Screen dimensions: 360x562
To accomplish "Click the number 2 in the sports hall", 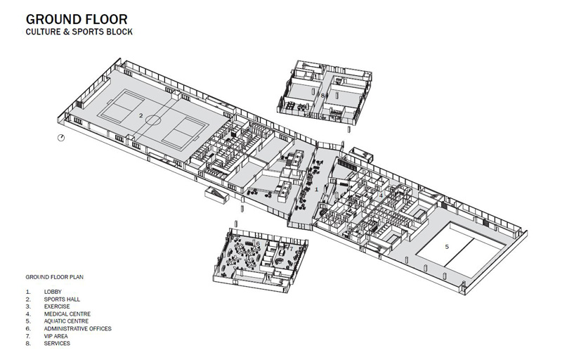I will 141,115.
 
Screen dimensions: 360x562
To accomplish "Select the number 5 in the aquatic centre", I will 447,247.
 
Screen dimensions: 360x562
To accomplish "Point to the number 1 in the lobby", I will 317,189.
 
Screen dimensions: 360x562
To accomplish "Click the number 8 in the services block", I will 322,94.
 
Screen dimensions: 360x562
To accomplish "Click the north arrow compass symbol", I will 61,138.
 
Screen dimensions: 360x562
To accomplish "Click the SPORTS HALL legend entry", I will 63,299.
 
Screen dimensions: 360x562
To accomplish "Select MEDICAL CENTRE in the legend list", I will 67,314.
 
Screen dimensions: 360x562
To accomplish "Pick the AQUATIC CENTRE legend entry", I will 67,321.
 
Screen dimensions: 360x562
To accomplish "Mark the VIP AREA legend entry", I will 57,336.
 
